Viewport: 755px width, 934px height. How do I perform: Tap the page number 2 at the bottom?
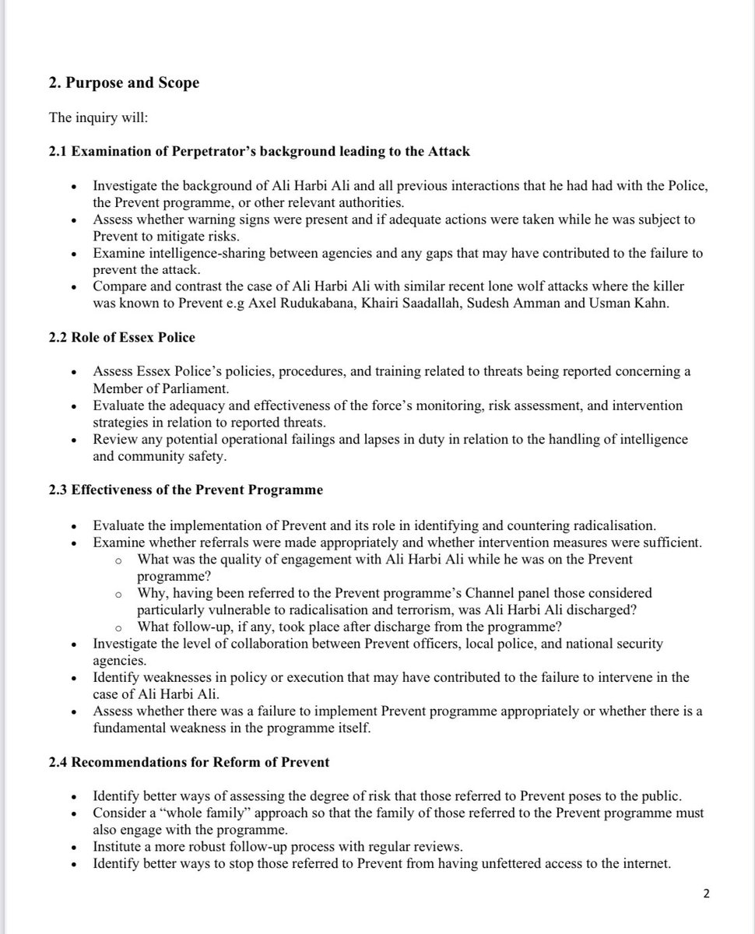click(x=706, y=894)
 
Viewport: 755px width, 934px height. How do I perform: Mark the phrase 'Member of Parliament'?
click(x=156, y=388)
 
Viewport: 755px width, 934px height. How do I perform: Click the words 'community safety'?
click(x=172, y=457)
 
